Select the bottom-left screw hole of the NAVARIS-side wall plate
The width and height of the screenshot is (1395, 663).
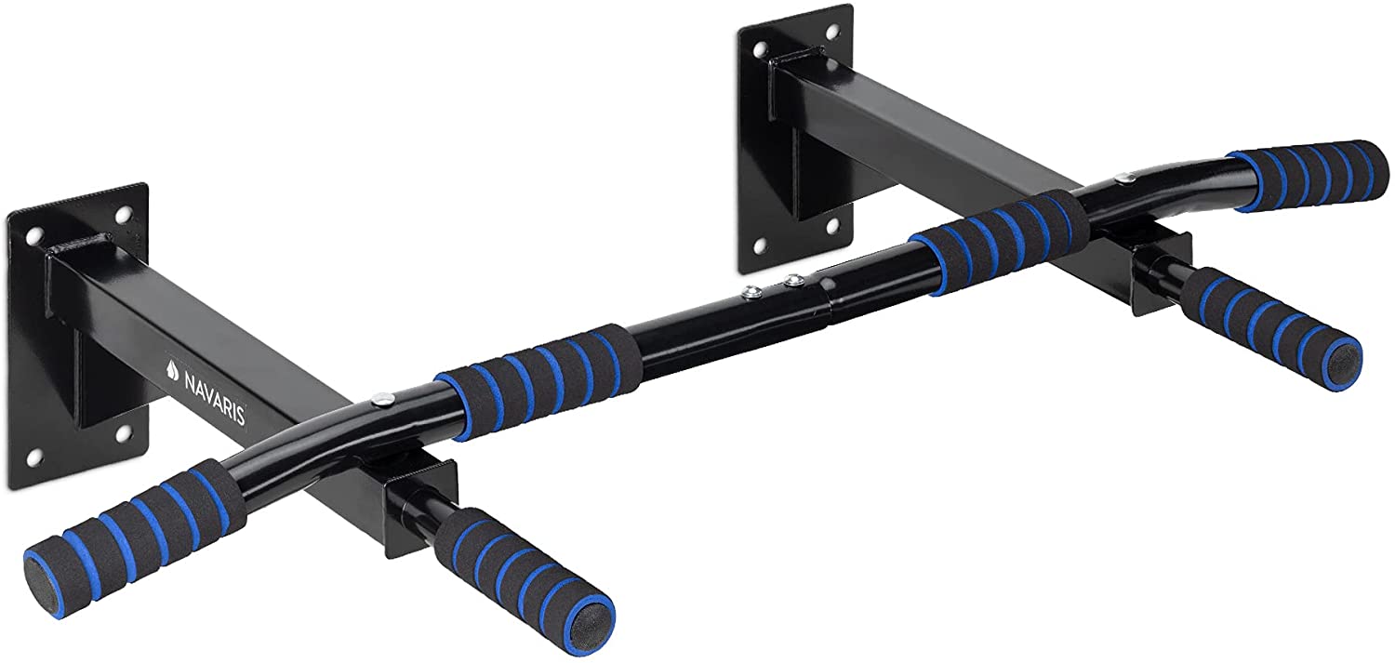coord(35,455)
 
